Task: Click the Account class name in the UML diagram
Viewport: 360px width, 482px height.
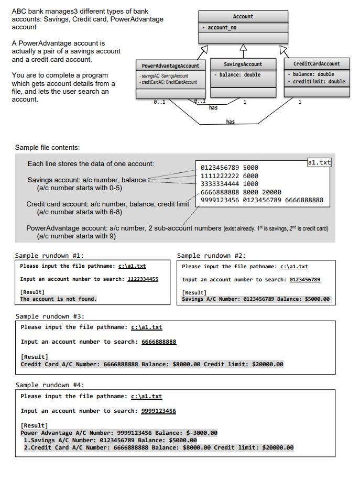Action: (x=243, y=17)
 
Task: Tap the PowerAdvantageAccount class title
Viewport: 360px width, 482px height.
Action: (x=170, y=65)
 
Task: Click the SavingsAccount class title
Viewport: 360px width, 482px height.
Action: (x=243, y=64)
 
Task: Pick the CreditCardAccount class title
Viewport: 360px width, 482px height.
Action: (x=317, y=64)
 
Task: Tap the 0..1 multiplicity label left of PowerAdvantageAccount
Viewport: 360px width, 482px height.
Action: (x=159, y=102)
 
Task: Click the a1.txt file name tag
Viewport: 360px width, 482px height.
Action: (x=319, y=162)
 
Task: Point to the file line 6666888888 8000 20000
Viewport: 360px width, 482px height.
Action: (x=241, y=192)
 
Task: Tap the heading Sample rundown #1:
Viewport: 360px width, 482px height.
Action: (x=49, y=256)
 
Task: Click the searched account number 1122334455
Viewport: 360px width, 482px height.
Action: (x=143, y=279)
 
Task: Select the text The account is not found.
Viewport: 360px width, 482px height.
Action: (x=58, y=299)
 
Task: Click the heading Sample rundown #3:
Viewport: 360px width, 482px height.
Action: (x=50, y=316)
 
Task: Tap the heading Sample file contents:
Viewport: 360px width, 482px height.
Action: (x=47, y=148)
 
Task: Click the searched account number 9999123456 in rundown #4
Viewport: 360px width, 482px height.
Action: (x=158, y=411)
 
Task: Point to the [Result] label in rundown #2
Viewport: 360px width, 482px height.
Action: (x=194, y=292)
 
